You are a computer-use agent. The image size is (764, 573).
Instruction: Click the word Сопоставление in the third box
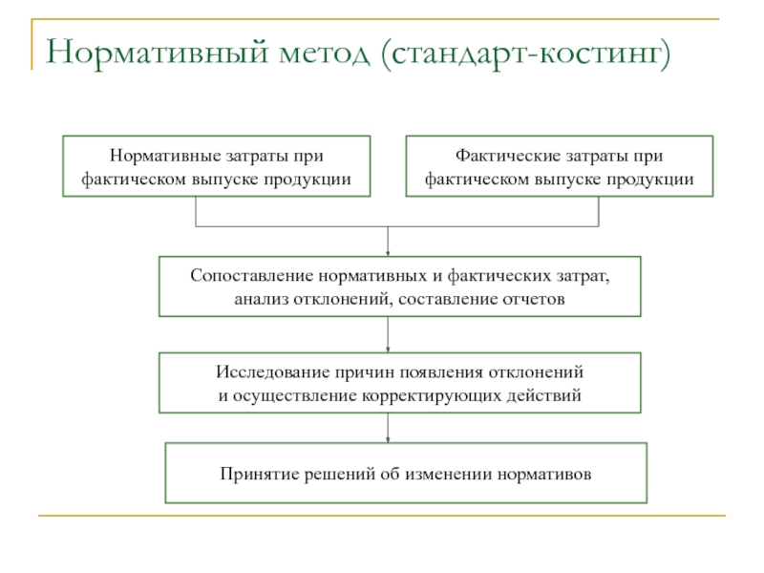tap(247, 276)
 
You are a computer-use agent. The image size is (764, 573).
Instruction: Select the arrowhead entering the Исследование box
tap(388, 348)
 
